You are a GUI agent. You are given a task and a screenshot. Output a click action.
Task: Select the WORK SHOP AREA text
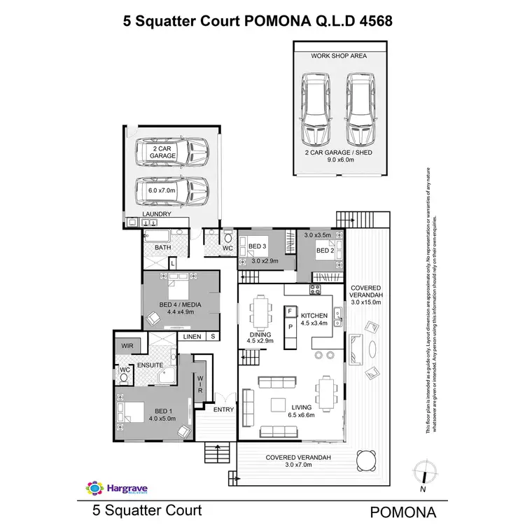pyautogui.click(x=339, y=55)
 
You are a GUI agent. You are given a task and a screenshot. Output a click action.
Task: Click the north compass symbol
pyautogui.click(x=423, y=475)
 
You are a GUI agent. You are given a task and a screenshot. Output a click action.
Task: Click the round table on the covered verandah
pyautogui.click(x=365, y=459)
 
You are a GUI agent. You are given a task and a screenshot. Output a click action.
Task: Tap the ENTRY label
pyautogui.click(x=224, y=409)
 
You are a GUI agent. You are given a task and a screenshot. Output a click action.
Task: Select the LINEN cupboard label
pyautogui.click(x=192, y=337)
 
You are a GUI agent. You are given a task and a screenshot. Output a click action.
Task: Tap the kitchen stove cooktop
pyautogui.click(x=315, y=290)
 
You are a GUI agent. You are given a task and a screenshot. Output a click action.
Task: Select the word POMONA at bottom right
pyautogui.click(x=404, y=510)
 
